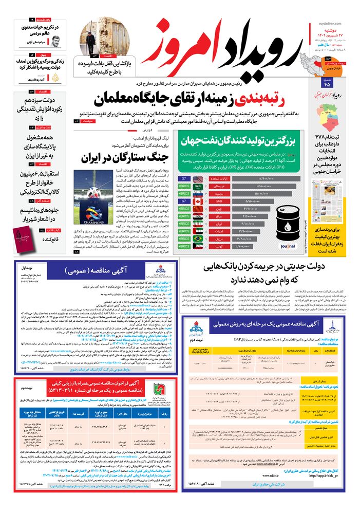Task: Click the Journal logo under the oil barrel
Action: (289, 247)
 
